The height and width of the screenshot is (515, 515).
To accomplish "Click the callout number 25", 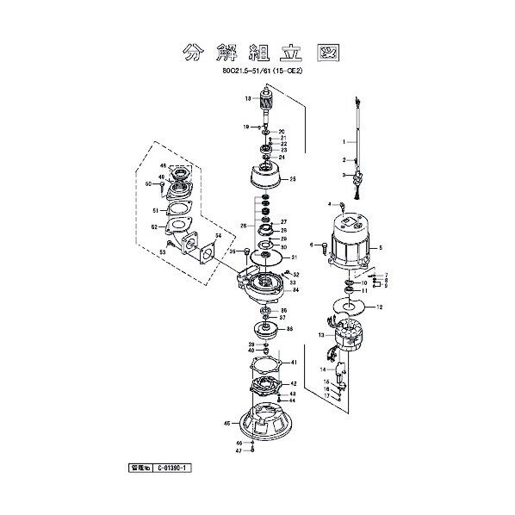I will click(x=293, y=179).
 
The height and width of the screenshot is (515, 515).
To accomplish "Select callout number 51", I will click(x=154, y=209).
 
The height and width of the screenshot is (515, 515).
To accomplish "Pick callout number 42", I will click(x=294, y=384).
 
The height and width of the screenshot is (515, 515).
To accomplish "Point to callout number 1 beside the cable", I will click(x=342, y=141).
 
